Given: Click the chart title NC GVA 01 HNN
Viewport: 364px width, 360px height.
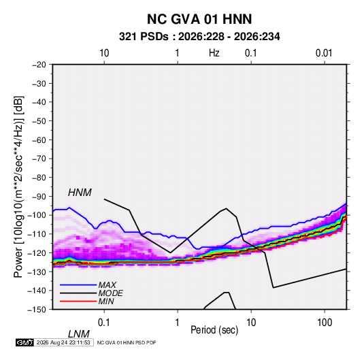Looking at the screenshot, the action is click(199, 19).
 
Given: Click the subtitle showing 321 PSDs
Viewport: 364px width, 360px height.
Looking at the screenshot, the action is click(199, 37).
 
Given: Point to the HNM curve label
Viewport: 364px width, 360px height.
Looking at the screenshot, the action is click(80, 193).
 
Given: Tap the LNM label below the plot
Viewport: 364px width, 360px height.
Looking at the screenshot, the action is click(78, 334).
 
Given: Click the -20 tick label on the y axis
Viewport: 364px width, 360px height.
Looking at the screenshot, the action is click(39, 65).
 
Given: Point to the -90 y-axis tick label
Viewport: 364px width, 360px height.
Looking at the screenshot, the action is click(39, 197).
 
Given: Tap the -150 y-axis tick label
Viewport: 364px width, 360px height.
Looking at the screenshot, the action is click(37, 310).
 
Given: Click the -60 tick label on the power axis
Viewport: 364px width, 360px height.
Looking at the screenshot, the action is click(39, 140).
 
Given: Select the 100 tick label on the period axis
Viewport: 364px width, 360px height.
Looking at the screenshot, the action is click(325, 323).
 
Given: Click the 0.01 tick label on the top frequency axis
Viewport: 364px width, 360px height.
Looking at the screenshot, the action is click(324, 53).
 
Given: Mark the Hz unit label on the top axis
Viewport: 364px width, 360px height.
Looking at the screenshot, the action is click(214, 53).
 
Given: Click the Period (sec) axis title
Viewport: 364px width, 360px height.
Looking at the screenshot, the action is click(214, 330).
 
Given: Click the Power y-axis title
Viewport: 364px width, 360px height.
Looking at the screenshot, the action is click(18, 187).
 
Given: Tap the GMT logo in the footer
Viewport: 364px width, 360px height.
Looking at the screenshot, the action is click(25, 342).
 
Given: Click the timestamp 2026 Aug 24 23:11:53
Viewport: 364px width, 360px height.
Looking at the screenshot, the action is click(63, 342).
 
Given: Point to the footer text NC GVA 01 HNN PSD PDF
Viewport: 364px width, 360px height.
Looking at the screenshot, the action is click(127, 342).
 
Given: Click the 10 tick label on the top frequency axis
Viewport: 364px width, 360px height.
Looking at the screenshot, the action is click(104, 53).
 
